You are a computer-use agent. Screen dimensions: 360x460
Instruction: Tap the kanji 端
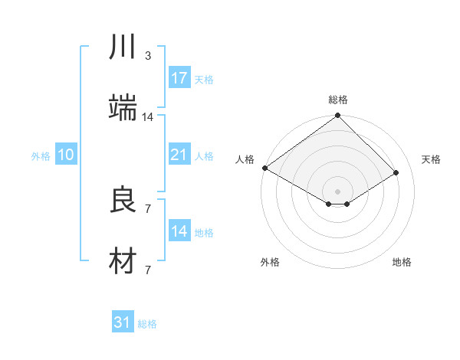(123, 109)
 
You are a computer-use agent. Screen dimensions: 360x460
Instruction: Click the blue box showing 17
(179, 77)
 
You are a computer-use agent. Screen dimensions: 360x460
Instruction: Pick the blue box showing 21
(179, 155)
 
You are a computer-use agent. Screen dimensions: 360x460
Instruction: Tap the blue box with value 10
(65, 155)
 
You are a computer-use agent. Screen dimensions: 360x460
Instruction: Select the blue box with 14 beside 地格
(179, 231)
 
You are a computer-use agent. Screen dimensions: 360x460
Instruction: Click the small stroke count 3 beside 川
(148, 55)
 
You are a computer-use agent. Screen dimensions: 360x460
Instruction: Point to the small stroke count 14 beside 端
(148, 116)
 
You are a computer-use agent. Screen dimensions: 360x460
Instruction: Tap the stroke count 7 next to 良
(147, 208)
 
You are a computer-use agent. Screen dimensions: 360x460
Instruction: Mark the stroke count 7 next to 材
(147, 270)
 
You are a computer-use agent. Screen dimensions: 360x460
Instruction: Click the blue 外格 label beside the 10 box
(41, 155)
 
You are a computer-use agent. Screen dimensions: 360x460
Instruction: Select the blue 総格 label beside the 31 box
(147, 324)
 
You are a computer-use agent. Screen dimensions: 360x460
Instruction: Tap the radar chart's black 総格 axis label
(338, 100)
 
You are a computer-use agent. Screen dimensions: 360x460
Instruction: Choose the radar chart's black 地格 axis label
(402, 262)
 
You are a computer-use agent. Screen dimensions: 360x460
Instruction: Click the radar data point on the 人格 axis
(264, 168)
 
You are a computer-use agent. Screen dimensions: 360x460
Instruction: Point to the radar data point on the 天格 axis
(396, 173)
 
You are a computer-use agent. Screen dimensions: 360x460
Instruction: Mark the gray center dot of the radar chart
(337, 191)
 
